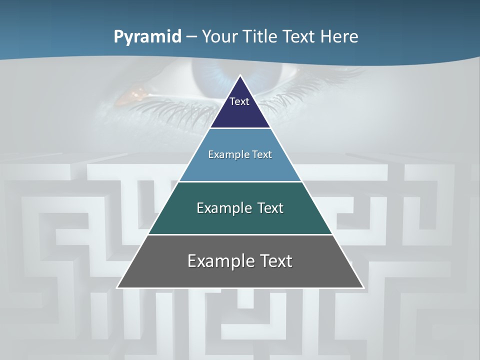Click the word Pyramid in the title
point(147,37)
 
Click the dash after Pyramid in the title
point(191,37)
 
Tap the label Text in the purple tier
point(239,101)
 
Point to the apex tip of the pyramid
point(240,76)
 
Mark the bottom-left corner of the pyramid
point(117,287)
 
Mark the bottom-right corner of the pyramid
point(363,287)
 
